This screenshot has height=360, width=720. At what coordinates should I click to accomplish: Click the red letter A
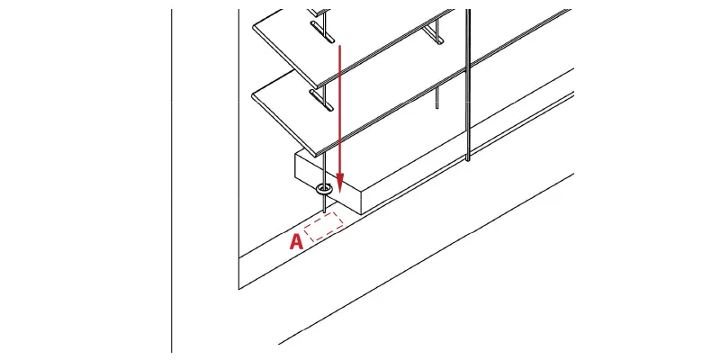297,242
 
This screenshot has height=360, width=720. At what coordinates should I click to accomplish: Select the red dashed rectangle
324,227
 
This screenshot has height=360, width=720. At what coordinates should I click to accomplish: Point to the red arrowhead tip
339,193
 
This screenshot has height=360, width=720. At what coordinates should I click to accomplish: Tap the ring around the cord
324,189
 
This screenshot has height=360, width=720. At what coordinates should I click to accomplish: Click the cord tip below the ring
325,212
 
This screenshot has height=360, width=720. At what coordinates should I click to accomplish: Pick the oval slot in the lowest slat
321,100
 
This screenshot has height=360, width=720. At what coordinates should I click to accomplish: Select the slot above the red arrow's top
322,32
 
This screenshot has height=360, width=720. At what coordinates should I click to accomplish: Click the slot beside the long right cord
433,34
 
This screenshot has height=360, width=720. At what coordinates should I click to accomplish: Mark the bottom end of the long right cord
467,159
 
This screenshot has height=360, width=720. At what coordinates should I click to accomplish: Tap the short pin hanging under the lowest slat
436,98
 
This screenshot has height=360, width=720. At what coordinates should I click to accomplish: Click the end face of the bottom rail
328,184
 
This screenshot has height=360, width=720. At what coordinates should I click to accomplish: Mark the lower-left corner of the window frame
238,289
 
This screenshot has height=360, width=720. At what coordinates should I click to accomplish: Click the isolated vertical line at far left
172,181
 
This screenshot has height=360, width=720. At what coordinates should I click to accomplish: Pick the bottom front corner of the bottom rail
363,214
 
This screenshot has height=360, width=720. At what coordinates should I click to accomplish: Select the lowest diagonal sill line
426,259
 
